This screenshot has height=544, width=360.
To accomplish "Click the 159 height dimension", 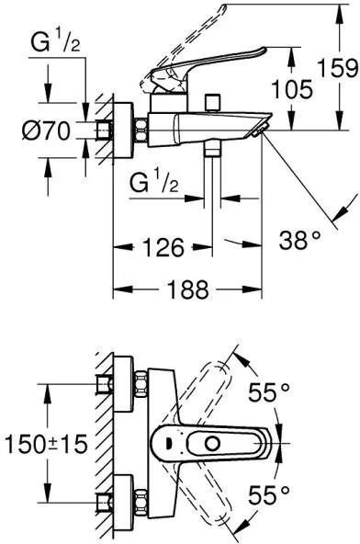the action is coord(338,68).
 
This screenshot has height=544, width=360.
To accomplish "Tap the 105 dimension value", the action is coord(292,89).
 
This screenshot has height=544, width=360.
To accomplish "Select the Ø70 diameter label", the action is coord(47,131).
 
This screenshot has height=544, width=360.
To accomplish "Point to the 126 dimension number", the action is coord(163,247).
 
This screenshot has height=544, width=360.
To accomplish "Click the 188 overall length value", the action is coord(188,289).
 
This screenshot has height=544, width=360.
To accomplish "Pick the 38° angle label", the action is coord(300,240).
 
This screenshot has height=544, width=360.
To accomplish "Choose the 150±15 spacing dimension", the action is coord(46,444).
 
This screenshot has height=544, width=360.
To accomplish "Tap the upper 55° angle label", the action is coord(269,392).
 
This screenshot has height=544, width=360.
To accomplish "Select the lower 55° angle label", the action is coord(269,495).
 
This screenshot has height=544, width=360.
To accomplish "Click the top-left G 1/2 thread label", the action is coord(55,41).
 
